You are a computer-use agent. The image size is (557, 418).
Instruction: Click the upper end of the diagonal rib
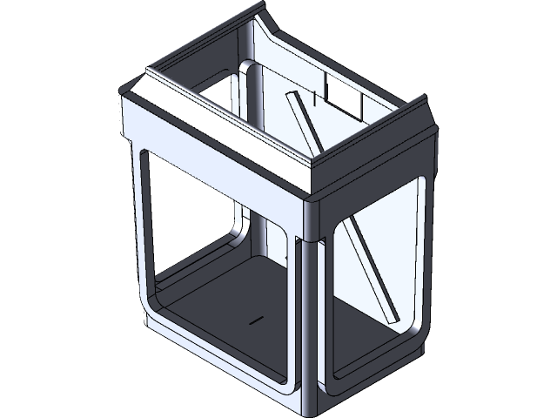click(292, 98)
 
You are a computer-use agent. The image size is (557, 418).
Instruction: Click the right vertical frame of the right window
click(427, 261)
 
